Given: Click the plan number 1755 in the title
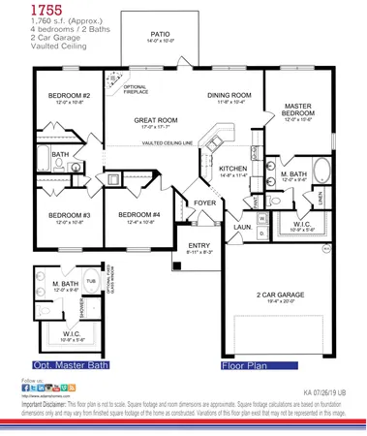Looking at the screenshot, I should point(20,9).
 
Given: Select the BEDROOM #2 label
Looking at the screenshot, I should point(69,96).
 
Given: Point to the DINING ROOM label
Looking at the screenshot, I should point(229,95).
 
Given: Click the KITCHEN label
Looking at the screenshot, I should point(234,168).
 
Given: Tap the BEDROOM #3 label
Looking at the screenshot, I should point(68,215).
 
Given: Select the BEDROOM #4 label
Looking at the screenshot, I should point(138,215).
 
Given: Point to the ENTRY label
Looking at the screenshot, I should point(199,246).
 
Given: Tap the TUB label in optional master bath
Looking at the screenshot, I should point(91,281).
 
